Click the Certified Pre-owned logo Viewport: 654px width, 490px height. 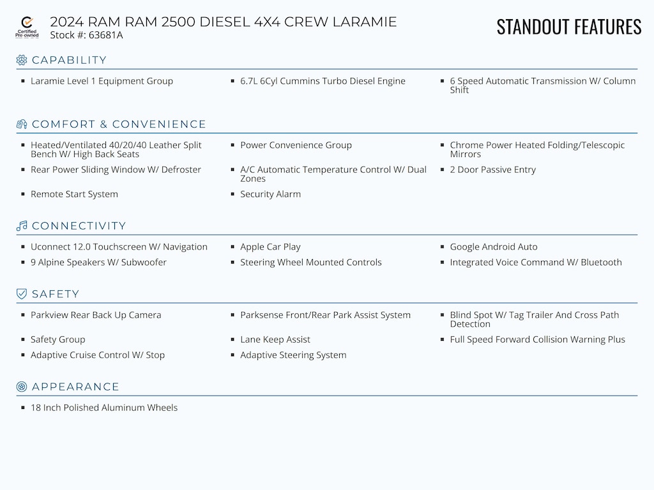27,27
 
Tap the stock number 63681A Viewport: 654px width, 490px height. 105,35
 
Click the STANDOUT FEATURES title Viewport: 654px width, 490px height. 569,27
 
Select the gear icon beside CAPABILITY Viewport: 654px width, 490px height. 22,60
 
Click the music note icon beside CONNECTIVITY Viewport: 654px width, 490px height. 22,226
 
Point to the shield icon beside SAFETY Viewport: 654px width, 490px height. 22,294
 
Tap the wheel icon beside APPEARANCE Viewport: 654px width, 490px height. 22,387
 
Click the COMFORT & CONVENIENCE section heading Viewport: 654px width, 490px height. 119,124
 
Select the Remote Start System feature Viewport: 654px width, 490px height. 74,194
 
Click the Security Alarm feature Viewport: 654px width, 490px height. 270,194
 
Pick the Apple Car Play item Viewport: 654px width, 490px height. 270,247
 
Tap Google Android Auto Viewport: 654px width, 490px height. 494,247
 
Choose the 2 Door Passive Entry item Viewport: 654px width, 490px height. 492,170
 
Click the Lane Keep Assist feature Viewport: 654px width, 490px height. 275,339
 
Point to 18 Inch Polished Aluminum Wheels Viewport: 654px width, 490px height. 104,408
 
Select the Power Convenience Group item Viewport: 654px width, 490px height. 296,145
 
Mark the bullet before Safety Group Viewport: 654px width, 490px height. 23,339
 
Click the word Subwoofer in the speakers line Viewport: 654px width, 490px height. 144,262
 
